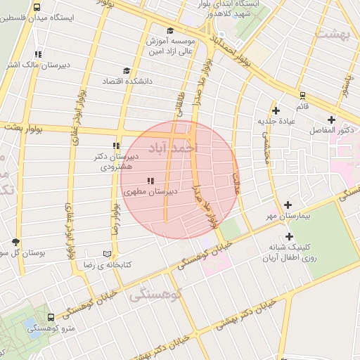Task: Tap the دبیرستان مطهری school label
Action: pos(150,191)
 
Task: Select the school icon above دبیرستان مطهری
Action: pos(150,181)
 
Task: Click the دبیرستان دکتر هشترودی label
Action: pos(115,162)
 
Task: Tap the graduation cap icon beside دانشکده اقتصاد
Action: pos(127,70)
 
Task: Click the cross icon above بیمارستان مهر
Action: pos(288,205)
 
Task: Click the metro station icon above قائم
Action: pos(302,95)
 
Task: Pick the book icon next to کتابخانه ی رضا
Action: pos(107,253)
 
